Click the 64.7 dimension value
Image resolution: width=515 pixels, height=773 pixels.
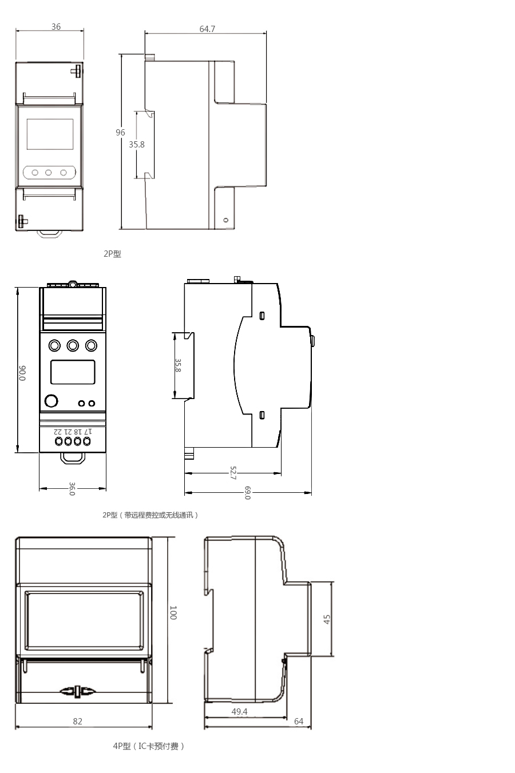[x=207, y=29]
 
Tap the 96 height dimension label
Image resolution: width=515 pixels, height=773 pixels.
[x=120, y=133]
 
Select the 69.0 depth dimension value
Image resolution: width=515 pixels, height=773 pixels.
[x=248, y=493]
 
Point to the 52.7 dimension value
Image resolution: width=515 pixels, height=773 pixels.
[x=233, y=473]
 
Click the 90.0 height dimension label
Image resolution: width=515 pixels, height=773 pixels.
[x=22, y=373]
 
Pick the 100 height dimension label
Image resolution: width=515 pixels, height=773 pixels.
[x=173, y=612]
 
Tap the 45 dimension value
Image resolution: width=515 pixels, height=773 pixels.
[x=327, y=619]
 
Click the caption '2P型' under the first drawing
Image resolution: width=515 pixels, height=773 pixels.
[x=112, y=254]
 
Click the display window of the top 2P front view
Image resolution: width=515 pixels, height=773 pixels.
[x=50, y=134]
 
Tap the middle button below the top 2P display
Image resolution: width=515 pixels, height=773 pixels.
[x=49, y=172]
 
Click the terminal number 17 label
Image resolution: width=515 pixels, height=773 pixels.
[x=88, y=431]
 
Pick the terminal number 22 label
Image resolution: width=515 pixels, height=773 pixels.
[x=58, y=431]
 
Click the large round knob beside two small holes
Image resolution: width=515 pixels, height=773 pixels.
[x=51, y=401]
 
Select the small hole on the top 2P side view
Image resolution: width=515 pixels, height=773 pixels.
[x=226, y=220]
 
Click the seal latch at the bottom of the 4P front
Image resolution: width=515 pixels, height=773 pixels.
[x=77, y=691]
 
